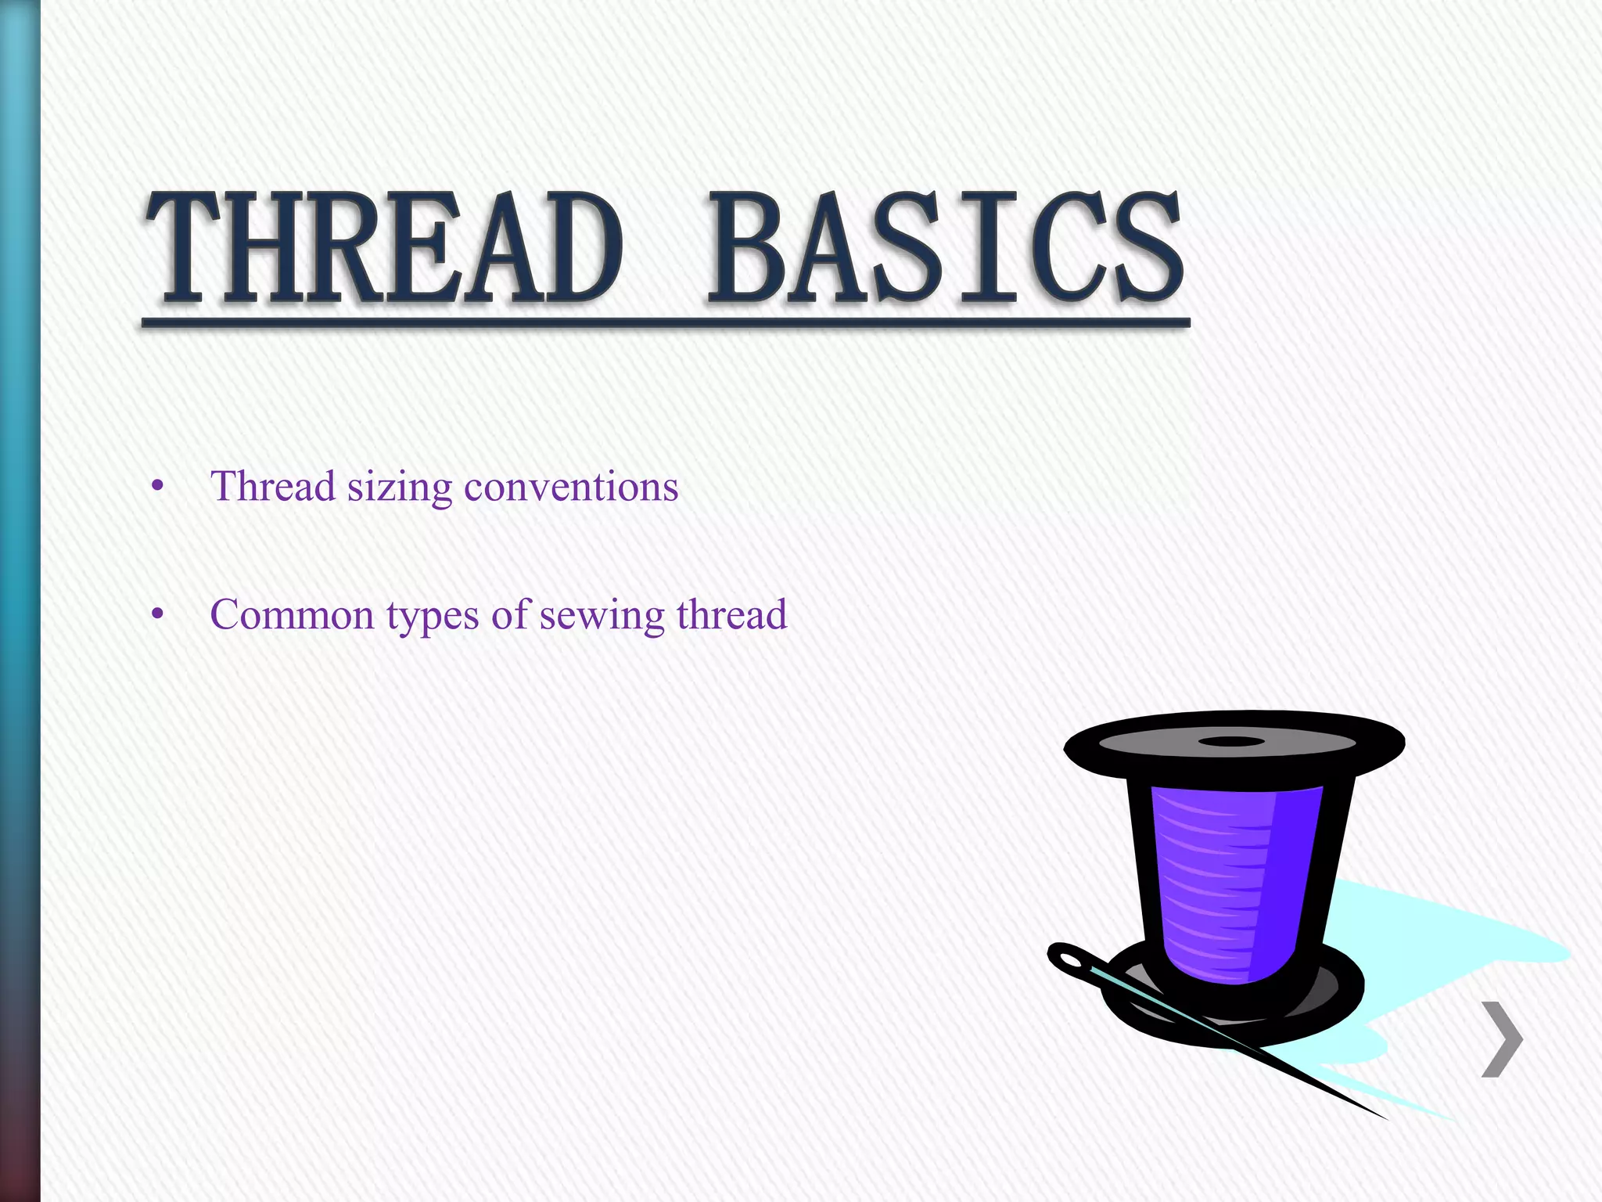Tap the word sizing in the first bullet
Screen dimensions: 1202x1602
[x=399, y=488]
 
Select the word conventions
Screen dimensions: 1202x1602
[x=571, y=487]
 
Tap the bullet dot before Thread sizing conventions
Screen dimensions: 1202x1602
[x=158, y=487]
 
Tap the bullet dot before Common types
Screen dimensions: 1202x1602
[x=158, y=615]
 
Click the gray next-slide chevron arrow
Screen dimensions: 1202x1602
[x=1502, y=1039]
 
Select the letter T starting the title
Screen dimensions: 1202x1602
[x=183, y=249]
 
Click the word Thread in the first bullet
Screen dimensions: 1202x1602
[x=273, y=487]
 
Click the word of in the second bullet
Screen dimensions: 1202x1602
[x=509, y=615]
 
